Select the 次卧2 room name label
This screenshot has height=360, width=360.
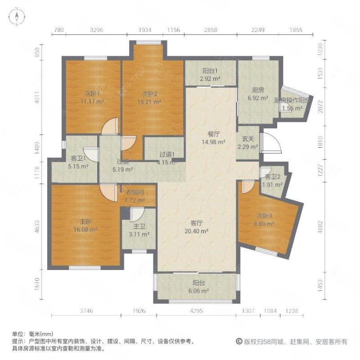point(149,94)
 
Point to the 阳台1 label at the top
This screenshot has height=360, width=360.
point(210,71)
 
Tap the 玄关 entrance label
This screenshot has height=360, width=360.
point(248,139)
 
